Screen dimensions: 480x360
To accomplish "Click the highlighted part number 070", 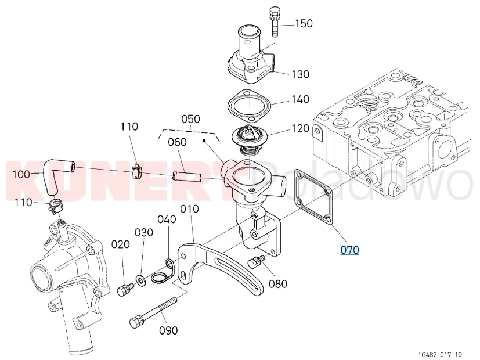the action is click(x=349, y=250).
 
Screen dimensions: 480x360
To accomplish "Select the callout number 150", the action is click(x=304, y=24).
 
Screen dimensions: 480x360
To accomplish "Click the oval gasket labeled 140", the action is click(x=250, y=106).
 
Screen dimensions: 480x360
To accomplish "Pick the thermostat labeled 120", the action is click(x=250, y=138).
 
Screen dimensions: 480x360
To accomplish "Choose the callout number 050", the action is click(x=190, y=119).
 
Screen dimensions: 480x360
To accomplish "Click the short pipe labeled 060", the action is click(x=186, y=177).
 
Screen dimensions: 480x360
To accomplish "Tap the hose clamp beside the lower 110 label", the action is click(x=55, y=205).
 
